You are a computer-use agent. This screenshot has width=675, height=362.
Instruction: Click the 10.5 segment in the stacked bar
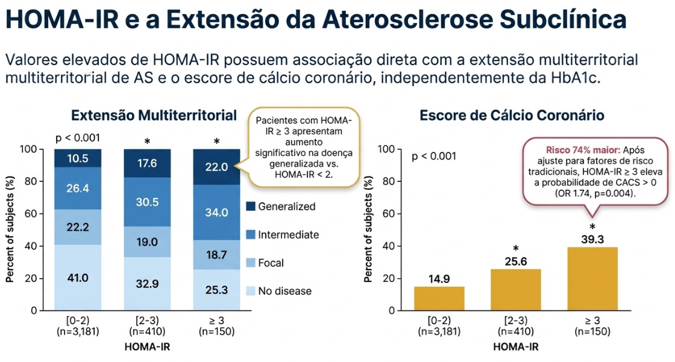(78, 158)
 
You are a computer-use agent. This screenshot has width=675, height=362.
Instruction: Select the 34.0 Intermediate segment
(216, 212)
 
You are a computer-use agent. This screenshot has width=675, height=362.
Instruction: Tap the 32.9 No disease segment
(147, 284)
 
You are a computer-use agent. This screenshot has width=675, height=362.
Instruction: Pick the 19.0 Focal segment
(147, 242)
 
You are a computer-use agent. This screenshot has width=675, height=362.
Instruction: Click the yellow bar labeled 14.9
(439, 298)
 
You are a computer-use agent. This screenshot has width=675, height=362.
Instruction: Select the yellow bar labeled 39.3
(592, 278)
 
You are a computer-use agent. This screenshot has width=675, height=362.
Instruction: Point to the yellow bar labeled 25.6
(515, 289)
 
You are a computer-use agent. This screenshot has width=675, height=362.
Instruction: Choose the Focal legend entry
(271, 263)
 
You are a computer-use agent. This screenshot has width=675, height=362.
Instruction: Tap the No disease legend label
(284, 291)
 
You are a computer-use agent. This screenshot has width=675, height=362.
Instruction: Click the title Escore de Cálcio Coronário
(512, 115)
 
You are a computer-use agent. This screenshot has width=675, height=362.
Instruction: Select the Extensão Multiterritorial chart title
(154, 115)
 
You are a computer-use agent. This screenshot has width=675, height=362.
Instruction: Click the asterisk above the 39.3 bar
(592, 226)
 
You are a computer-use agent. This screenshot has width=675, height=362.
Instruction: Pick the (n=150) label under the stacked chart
(216, 332)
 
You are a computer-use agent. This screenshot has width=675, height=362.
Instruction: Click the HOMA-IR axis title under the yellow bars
(515, 347)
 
